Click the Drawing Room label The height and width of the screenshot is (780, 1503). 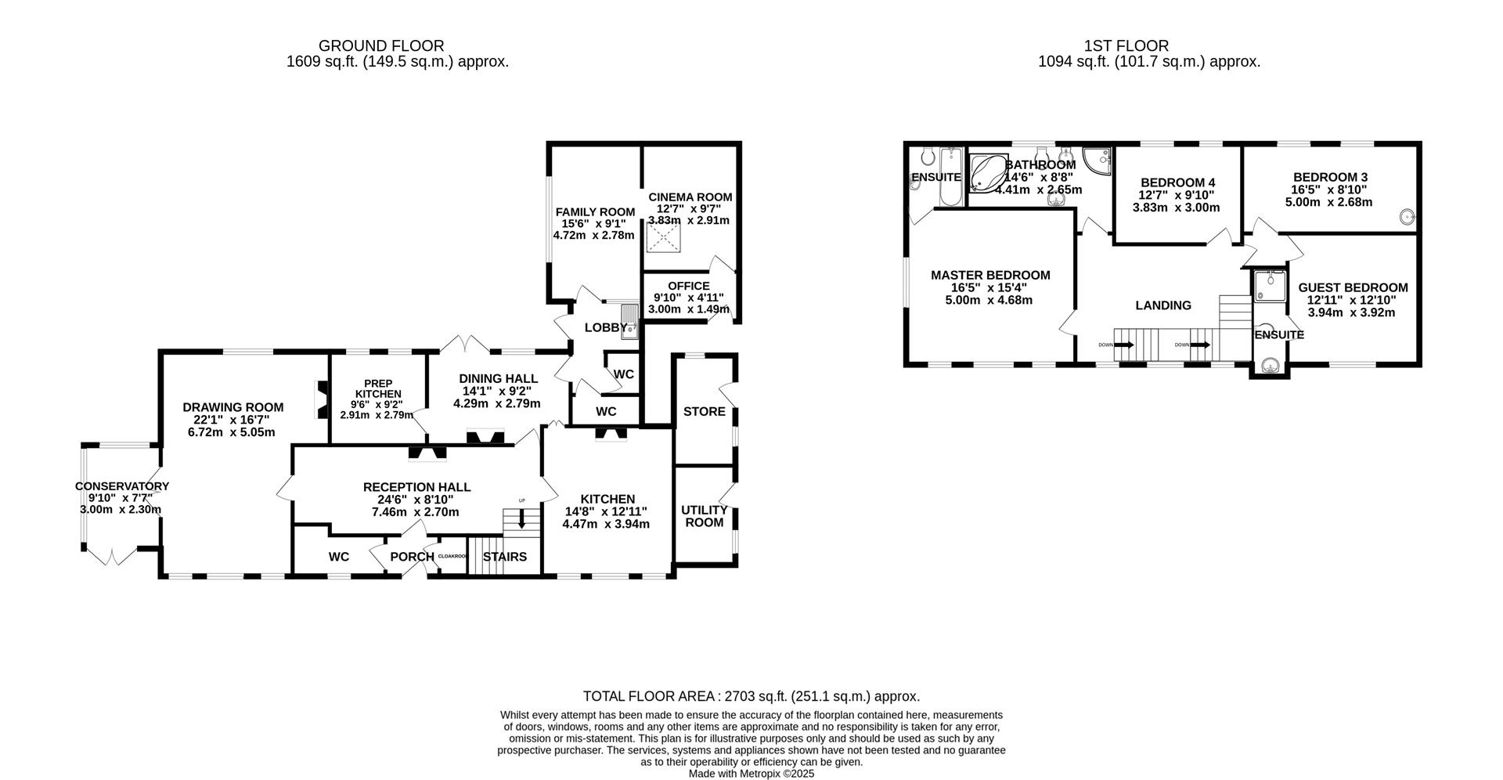click(x=232, y=407)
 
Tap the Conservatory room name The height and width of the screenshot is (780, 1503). click(x=121, y=486)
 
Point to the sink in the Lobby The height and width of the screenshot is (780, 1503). click(x=630, y=322)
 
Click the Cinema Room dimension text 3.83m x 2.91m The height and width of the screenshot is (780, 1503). click(x=688, y=221)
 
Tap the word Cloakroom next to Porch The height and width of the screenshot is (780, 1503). click(x=452, y=556)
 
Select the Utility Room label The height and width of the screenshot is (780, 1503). click(x=704, y=515)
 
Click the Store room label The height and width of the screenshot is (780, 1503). click(x=704, y=411)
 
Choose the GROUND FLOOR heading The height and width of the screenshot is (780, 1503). click(x=381, y=46)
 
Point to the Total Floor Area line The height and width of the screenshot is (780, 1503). click(x=751, y=696)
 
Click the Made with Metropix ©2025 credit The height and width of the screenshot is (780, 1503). click(x=751, y=773)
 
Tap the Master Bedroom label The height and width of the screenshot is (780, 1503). click(x=989, y=276)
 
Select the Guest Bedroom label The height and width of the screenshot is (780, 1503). click(x=1352, y=287)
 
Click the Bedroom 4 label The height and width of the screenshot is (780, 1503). click(x=1177, y=183)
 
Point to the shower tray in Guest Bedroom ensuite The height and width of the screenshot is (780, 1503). click(x=1270, y=286)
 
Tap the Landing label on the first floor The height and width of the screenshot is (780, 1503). click(x=1162, y=305)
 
